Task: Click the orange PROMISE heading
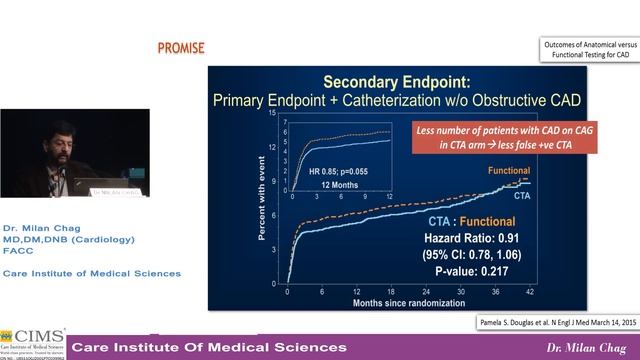pyautogui.click(x=181, y=48)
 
